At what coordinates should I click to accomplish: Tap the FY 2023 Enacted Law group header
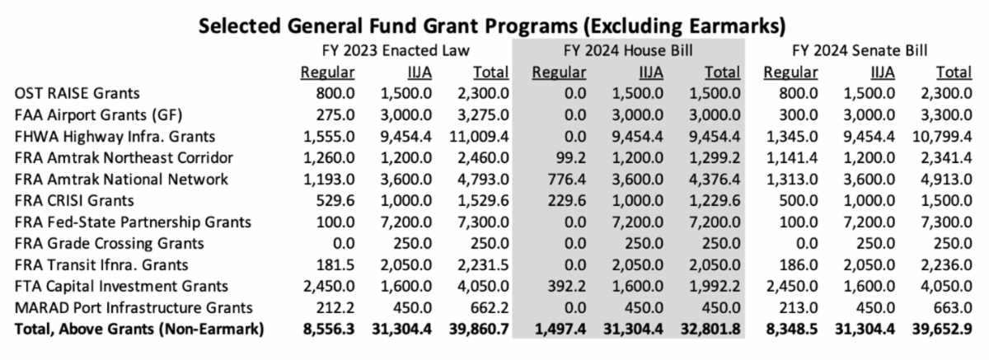pos(395,51)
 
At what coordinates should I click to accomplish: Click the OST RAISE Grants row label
pos(69,94)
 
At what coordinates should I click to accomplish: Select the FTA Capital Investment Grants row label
pos(121,287)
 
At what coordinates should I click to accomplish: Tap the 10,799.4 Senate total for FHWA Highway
pos(940,137)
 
